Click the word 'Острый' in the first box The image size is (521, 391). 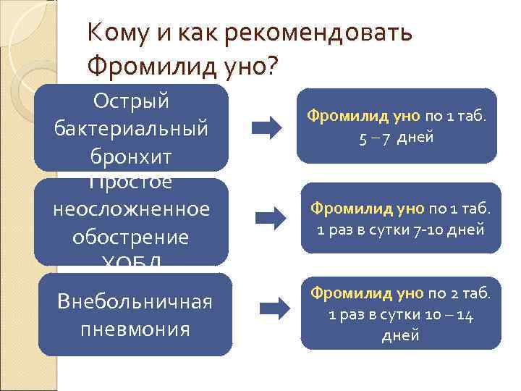131,100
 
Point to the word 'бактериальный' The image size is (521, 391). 131,127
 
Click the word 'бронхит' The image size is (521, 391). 131,155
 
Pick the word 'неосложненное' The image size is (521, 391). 131,209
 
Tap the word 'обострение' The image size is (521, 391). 131,237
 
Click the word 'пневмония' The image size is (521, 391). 135,329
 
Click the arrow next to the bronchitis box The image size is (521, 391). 266,128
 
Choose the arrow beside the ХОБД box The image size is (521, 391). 271,215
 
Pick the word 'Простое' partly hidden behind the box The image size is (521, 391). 131,183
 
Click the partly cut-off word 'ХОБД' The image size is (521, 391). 131,261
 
